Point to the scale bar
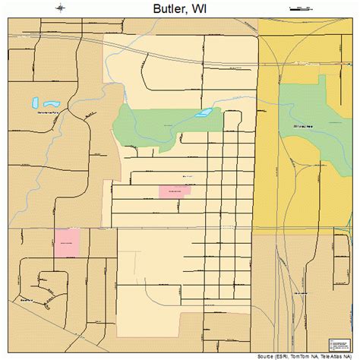301,8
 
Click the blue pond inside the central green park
203,113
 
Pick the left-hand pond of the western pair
35,101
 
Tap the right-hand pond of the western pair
52,103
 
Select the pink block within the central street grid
175,191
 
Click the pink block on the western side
67,242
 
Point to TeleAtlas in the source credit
333,355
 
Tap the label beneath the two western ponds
47,112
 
